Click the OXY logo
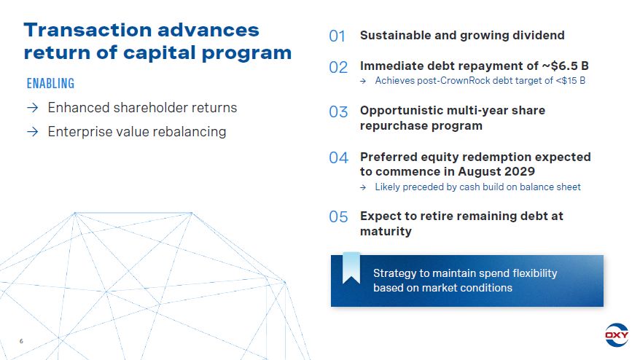[617, 335]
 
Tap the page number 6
[21, 341]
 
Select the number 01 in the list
[337, 36]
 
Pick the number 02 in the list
[338, 67]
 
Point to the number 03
[338, 111]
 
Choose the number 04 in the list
[339, 158]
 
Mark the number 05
[338, 216]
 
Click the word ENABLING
[50, 84]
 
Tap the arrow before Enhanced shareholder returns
[33, 108]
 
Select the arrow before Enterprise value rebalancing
[33, 132]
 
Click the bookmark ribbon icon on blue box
[351, 267]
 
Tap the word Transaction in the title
[87, 30]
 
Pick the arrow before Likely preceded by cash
[363, 187]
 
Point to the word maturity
[386, 232]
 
